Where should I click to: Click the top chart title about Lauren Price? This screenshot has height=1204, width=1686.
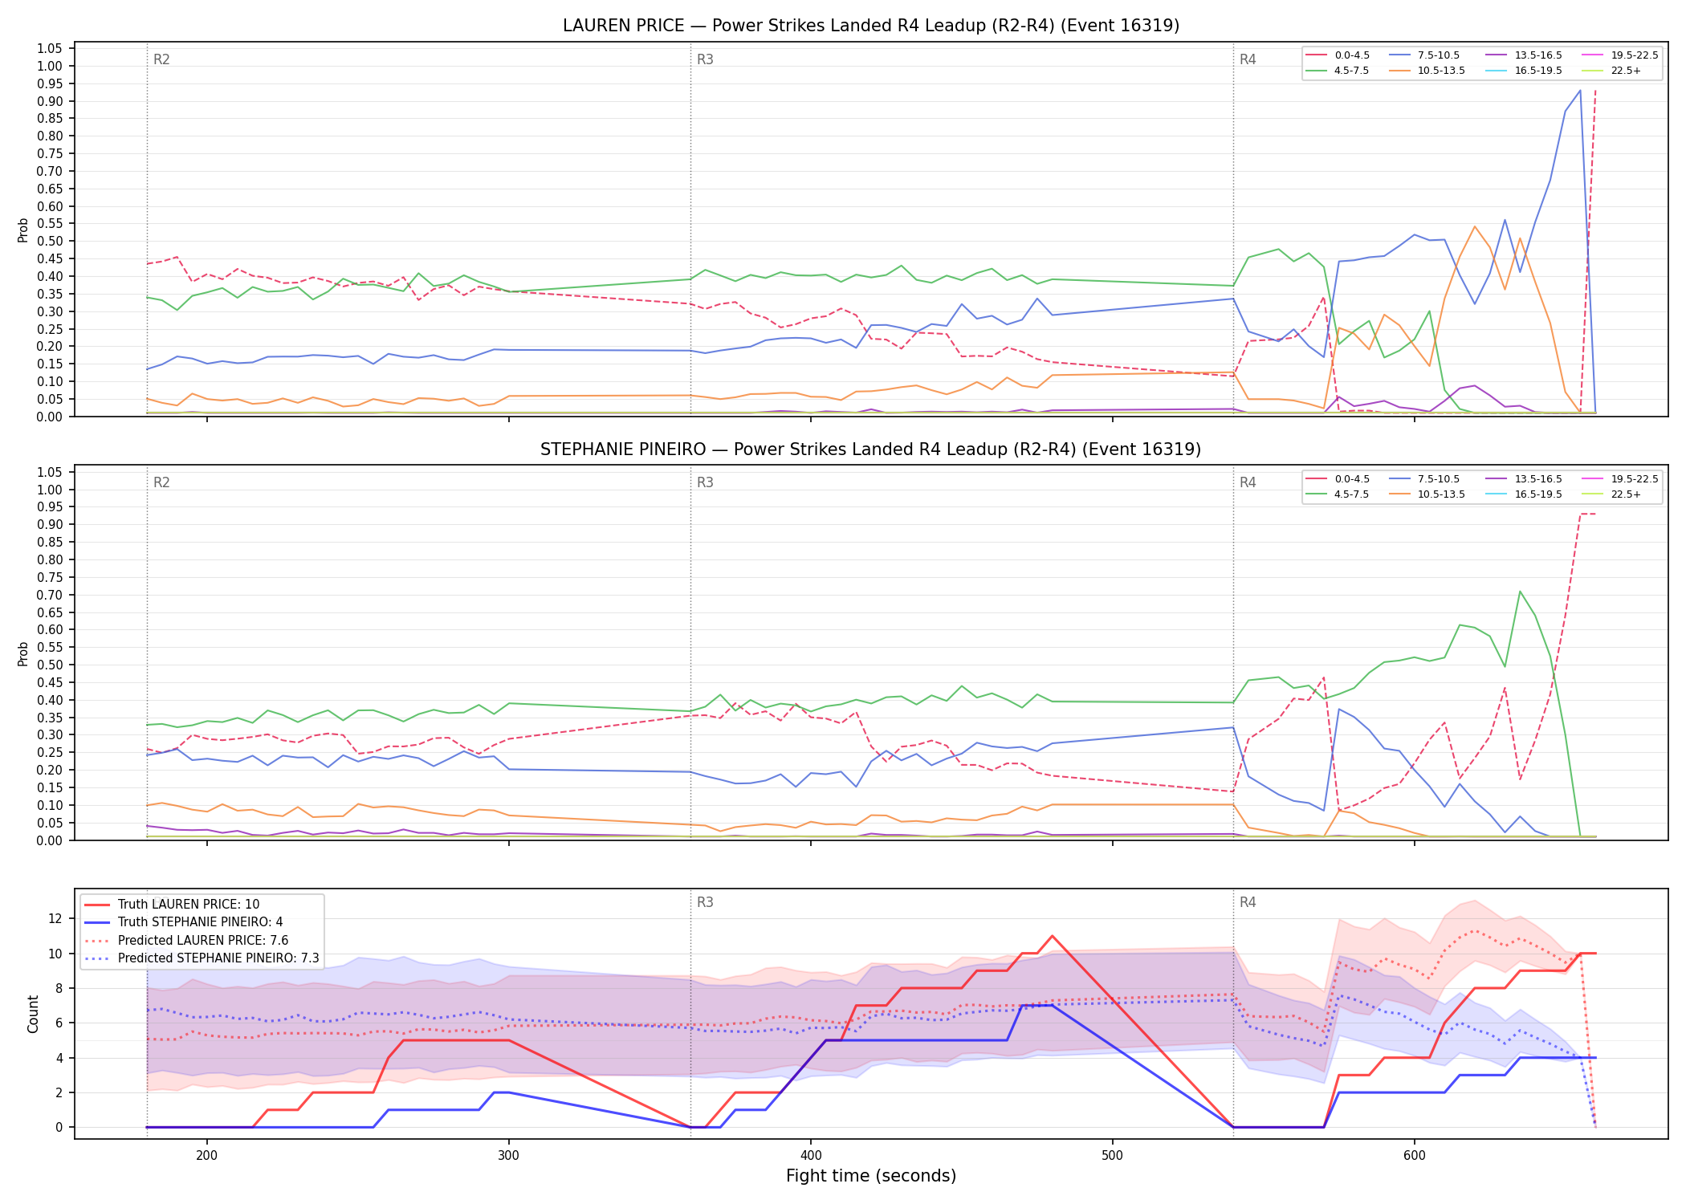pos(871,26)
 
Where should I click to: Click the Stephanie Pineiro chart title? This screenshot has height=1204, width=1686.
pos(871,449)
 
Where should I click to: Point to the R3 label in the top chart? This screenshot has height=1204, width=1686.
pos(705,59)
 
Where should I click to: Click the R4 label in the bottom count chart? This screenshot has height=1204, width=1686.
pos(1248,902)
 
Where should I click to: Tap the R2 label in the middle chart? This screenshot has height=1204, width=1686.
pos(161,482)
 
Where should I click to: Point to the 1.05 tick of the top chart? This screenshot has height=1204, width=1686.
pos(50,49)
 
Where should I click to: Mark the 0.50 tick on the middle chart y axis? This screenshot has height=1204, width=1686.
pos(50,665)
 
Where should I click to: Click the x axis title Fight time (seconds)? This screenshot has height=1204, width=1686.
pos(871,1176)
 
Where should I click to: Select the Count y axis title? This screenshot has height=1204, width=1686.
pos(33,1014)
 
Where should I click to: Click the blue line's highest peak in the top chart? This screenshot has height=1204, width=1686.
pos(1580,90)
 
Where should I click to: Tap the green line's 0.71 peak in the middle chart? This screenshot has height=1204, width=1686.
pos(1520,591)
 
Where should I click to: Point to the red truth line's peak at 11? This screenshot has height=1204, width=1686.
pos(1052,936)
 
